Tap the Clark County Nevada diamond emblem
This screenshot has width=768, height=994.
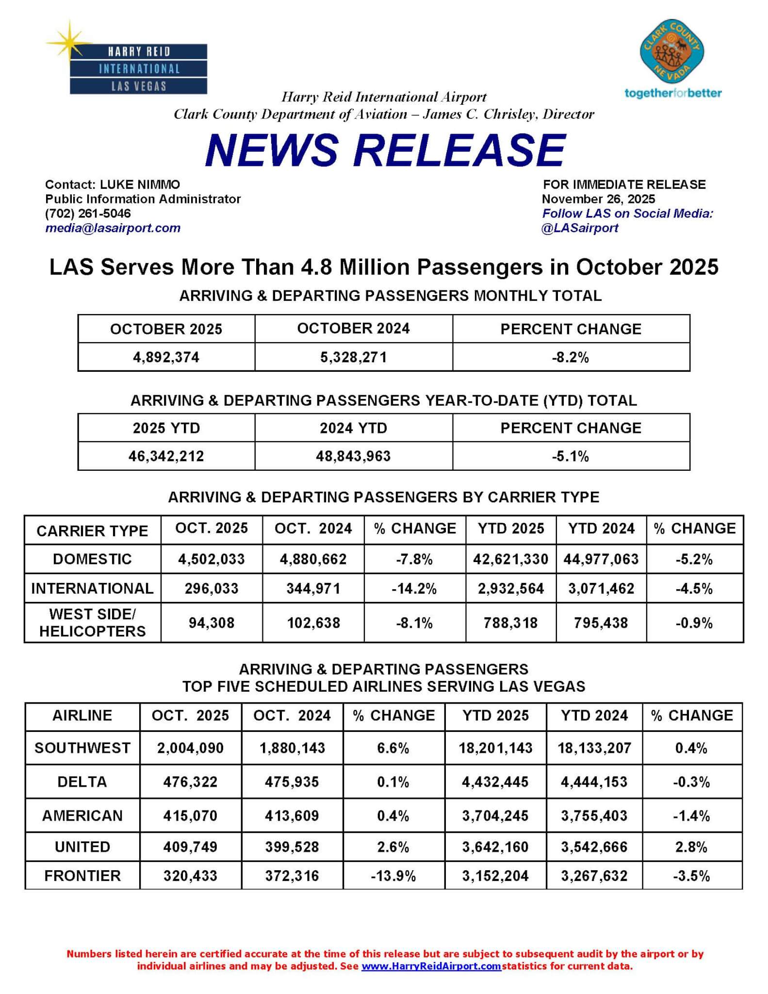[672, 52]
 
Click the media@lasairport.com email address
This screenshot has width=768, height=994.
[113, 228]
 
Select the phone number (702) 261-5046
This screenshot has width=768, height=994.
[88, 214]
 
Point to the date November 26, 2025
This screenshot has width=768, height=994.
[598, 199]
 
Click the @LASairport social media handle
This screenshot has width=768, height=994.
[580, 228]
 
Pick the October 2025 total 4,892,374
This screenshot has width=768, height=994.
[166, 358]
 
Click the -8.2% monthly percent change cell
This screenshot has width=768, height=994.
[571, 358]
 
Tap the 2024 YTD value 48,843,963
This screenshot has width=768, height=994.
[353, 456]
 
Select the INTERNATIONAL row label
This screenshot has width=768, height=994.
[92, 588]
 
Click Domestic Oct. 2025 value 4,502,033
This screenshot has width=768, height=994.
[212, 559]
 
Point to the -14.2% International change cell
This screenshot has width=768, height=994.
[414, 589]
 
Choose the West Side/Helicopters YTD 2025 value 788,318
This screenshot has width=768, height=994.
[510, 623]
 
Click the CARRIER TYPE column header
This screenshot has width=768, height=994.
[92, 530]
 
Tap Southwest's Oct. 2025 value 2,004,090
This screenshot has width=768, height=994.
[190, 748]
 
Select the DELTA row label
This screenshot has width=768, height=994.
[82, 782]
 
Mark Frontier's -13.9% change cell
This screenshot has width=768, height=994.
[393, 876]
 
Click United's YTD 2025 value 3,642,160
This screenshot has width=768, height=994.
[495, 847]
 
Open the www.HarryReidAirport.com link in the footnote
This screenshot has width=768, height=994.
[431, 966]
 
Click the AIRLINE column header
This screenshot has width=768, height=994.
[82, 715]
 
